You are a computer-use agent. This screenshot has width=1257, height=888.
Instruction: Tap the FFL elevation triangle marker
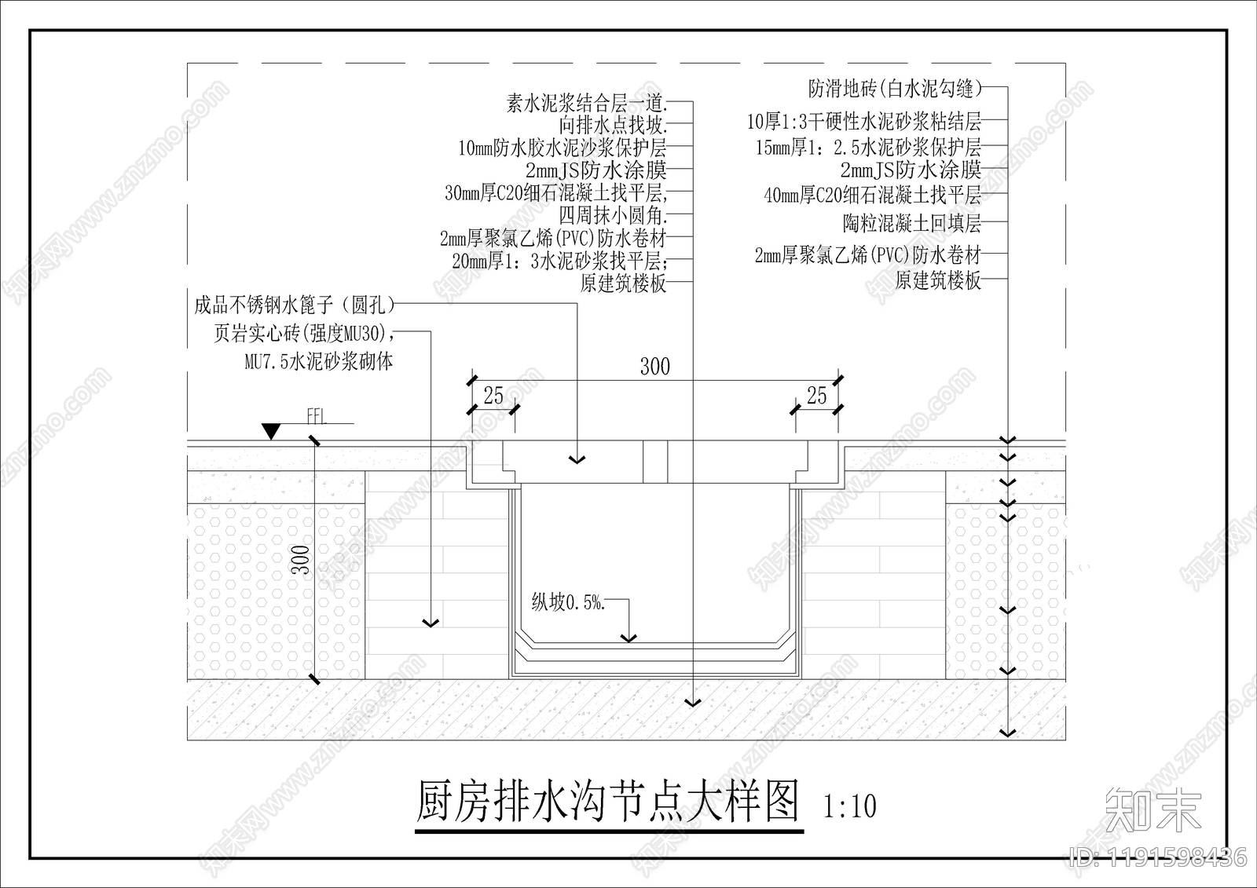click(272, 431)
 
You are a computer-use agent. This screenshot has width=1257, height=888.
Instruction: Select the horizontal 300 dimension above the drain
click(654, 367)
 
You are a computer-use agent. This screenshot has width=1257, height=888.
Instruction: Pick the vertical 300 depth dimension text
click(302, 560)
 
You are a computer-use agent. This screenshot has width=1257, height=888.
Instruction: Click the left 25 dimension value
click(493, 396)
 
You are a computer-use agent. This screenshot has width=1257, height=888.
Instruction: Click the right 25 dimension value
click(817, 396)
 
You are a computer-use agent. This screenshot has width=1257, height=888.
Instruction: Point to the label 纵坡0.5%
click(568, 602)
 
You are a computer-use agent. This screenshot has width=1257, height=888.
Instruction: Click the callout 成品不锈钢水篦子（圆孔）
click(295, 305)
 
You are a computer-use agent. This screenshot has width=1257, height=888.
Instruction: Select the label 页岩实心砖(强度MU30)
click(302, 334)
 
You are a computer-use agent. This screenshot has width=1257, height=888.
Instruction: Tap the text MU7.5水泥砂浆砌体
click(318, 362)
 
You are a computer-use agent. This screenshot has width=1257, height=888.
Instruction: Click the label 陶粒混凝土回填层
click(912, 224)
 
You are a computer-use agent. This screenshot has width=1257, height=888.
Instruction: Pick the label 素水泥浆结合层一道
click(586, 103)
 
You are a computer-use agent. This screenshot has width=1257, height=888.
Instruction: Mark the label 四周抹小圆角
click(613, 215)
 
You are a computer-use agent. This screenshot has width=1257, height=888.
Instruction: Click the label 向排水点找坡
click(613, 125)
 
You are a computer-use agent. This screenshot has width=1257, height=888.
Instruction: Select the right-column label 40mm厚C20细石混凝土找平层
click(872, 195)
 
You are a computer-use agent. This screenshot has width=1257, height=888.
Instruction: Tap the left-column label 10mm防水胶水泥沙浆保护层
click(563, 148)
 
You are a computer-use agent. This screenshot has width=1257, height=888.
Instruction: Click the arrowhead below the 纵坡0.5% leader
click(628, 638)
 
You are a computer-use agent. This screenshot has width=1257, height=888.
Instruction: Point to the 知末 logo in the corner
click(1153, 810)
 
